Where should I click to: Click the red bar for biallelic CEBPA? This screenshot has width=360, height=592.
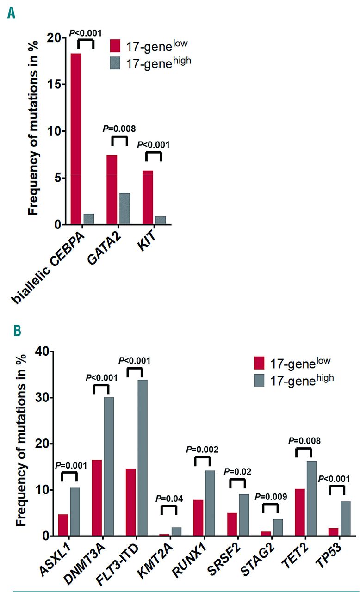(x=76, y=139)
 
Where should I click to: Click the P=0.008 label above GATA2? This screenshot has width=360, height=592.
(x=119, y=127)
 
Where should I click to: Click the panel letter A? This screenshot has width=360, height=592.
(x=10, y=13)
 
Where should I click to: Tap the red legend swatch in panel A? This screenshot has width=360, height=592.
(x=115, y=46)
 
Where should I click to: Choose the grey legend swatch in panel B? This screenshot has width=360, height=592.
(x=260, y=379)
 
